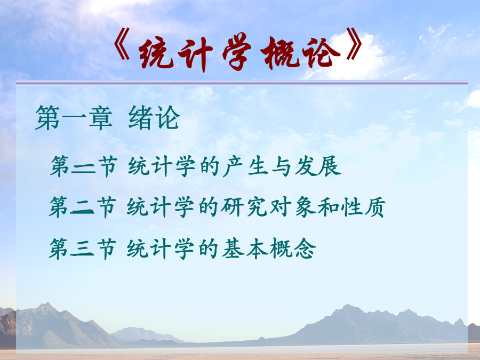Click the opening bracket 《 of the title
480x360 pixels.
(122, 44)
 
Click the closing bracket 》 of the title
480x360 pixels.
(355, 44)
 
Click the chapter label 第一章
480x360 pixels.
(74, 118)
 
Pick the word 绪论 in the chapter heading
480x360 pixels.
(154, 117)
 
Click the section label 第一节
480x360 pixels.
(84, 166)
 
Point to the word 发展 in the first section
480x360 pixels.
(318, 166)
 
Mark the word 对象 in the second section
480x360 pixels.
(293, 207)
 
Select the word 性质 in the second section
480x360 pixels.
(364, 207)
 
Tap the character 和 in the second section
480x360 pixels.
(329, 207)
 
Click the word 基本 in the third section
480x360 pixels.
(245, 249)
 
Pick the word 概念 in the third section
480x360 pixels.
(293, 249)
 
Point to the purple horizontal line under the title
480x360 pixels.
(242, 83)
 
